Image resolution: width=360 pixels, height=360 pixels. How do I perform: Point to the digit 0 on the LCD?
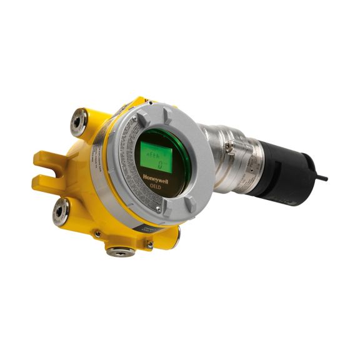point(160,165)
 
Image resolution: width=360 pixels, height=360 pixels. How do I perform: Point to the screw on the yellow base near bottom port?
point(149,246)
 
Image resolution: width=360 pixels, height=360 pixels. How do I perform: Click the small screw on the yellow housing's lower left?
point(97,234)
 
